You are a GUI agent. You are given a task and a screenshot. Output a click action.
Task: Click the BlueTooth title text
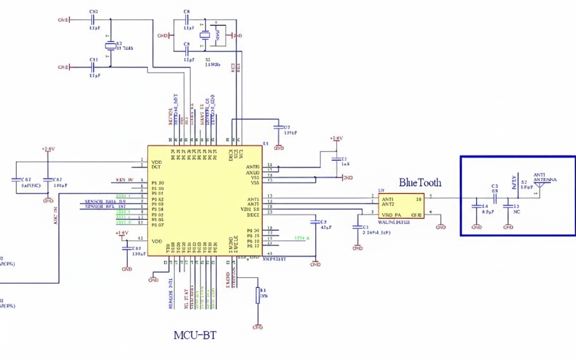point(420,183)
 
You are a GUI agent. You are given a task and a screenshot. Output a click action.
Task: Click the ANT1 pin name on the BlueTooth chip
point(388,198)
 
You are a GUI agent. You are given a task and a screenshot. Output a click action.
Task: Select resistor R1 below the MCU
point(258,295)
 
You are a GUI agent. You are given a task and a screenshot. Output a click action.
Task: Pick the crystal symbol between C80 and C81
point(110,45)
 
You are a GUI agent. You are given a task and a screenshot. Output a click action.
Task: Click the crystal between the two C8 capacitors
point(205,36)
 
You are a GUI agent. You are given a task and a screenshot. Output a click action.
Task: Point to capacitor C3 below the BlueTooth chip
point(357,229)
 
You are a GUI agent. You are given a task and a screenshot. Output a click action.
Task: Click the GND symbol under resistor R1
point(258,326)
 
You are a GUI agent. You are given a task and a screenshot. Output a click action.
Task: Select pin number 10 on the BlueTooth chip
point(418,198)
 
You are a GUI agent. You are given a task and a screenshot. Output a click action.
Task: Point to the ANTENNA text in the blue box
point(545,180)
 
